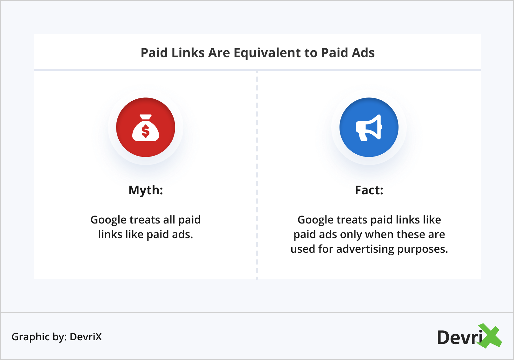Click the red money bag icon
click(x=146, y=127)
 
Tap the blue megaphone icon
click(x=369, y=127)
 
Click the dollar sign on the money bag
click(x=146, y=131)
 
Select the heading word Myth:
click(x=146, y=190)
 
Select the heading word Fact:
click(x=369, y=190)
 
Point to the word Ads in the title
click(x=364, y=53)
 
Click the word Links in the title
click(x=188, y=53)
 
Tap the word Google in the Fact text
click(x=315, y=220)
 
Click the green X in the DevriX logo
click(x=490, y=336)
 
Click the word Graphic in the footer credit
click(x=31, y=337)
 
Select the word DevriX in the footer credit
click(x=86, y=337)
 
